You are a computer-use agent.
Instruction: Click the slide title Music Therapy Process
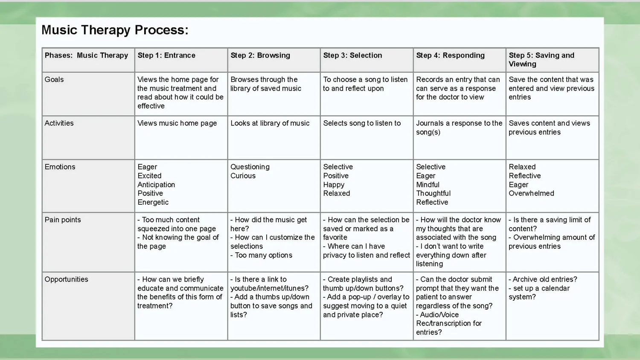point(115,30)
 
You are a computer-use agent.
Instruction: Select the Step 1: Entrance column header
point(166,55)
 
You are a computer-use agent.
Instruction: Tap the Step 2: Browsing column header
point(260,55)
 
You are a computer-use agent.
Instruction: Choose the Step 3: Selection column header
point(352,55)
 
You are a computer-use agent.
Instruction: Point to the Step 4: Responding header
point(450,55)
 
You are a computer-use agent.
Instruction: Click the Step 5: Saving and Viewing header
point(541,60)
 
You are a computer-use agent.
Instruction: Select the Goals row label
point(54,80)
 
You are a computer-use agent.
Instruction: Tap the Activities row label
point(59,123)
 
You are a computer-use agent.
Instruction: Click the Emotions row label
point(60,167)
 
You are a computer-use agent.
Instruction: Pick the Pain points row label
point(63,220)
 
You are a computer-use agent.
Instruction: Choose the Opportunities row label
point(66,279)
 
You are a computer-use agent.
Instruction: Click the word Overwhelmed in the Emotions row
point(531,194)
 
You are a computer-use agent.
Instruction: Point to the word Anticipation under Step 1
point(156,185)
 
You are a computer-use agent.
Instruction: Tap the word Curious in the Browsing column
point(243,176)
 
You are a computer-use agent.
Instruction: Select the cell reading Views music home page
point(177,123)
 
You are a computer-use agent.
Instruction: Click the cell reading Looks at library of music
point(270,123)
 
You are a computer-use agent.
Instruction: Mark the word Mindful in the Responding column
point(428,185)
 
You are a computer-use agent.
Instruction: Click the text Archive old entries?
point(544,279)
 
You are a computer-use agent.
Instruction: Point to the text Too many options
point(263,255)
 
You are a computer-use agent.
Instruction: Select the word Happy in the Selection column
point(334,185)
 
